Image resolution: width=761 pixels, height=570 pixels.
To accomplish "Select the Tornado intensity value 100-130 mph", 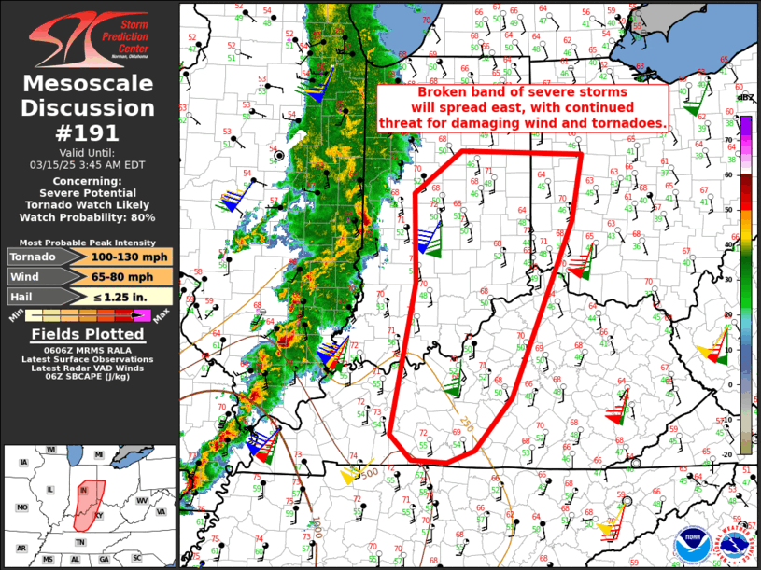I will (131, 257).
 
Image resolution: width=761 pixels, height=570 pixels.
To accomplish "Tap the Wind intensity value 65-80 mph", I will (131, 276).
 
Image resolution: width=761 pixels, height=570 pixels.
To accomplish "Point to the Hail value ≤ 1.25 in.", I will (131, 296).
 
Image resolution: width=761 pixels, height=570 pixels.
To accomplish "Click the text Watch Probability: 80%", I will (90, 217).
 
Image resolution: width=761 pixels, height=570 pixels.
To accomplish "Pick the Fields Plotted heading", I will (90, 334).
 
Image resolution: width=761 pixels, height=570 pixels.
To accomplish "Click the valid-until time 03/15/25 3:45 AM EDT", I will (90, 163).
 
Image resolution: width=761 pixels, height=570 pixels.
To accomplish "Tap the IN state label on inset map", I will (84, 489).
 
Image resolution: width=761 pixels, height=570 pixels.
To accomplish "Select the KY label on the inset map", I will (101, 514).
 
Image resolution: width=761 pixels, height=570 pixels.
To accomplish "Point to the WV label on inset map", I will (142, 501).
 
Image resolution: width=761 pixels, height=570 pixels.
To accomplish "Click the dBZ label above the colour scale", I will (745, 98).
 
